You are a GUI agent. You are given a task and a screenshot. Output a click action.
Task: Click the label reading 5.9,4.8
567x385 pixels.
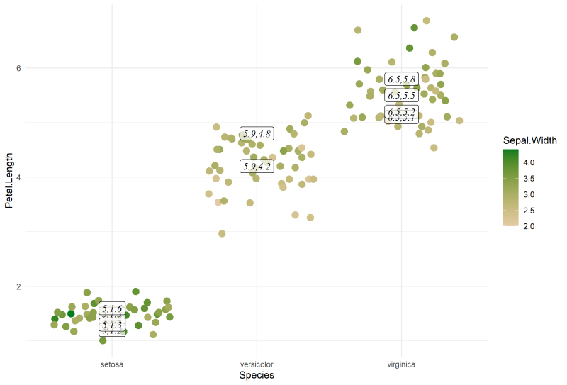[x=257, y=133]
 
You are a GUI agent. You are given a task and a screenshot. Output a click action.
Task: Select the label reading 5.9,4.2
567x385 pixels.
[x=257, y=167]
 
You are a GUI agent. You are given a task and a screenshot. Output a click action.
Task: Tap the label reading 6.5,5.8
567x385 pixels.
[x=401, y=79]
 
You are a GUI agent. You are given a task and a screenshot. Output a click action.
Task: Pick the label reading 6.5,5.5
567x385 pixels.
[x=401, y=96]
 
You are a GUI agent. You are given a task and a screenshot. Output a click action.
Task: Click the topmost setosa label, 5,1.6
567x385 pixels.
[x=111, y=308]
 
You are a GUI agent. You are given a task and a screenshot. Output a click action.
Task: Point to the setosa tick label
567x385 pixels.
[x=112, y=364]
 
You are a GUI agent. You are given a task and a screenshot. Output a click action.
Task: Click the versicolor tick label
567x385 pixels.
[x=257, y=364]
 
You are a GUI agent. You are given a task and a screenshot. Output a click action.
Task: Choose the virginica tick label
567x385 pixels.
[x=401, y=364]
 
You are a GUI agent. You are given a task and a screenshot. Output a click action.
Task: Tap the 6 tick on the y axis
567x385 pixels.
[x=20, y=68]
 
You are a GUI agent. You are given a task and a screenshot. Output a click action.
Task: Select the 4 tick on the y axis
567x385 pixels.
[x=20, y=177]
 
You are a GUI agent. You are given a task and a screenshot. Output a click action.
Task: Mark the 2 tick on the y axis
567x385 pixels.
[x=20, y=286]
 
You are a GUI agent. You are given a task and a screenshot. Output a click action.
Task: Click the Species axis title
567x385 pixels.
[x=257, y=376]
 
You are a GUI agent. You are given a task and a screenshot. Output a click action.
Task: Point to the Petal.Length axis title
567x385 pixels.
[x=9, y=177]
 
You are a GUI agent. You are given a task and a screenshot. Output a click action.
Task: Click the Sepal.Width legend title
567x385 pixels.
[x=528, y=139]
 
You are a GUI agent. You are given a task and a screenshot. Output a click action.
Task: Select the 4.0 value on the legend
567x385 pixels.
[x=529, y=162]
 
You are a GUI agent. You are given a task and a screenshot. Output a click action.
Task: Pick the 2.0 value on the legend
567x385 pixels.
[x=529, y=225]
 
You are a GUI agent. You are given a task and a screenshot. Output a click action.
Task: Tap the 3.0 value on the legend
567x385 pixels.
[x=529, y=194]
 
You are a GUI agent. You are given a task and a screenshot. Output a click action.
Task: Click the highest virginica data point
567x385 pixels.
[x=427, y=21]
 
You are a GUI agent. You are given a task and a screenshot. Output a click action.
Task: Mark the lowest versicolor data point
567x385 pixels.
[x=222, y=233]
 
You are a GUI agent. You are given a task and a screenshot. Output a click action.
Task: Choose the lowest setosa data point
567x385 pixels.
[x=103, y=340]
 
